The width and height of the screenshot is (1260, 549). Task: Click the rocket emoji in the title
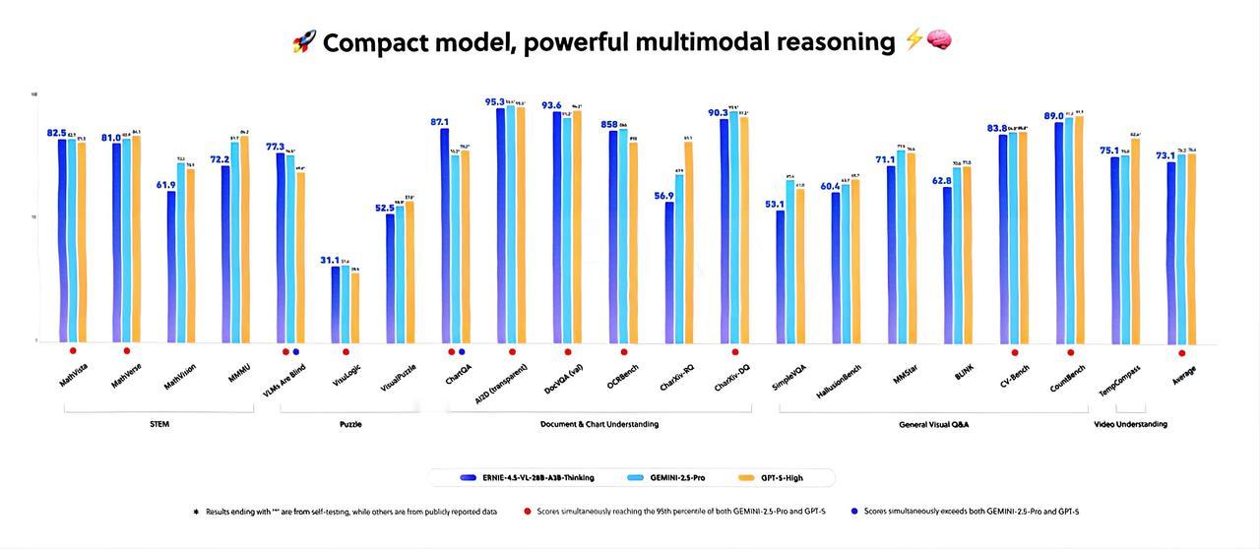[x=303, y=42]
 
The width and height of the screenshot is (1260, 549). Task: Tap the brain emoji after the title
[x=939, y=41]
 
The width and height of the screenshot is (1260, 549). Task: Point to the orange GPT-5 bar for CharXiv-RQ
[x=688, y=241]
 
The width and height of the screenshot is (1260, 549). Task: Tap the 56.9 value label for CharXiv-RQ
[x=663, y=196]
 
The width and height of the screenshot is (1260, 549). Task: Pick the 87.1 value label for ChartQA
[x=439, y=122]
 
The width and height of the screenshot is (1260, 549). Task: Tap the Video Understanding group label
[x=1130, y=424]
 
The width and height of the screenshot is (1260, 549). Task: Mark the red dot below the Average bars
[x=1181, y=352]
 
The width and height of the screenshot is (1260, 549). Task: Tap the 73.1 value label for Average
[x=1165, y=155]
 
